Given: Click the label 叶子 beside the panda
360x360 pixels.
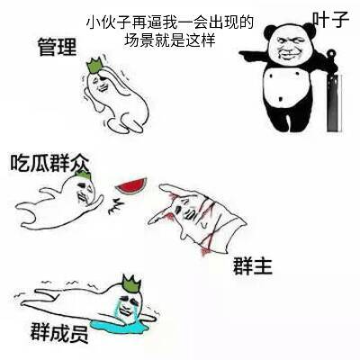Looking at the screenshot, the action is (x=331, y=20).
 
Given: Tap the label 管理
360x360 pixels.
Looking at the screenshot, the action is (x=57, y=47).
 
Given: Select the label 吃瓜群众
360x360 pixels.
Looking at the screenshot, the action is (x=49, y=163).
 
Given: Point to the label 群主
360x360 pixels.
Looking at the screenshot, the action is (x=253, y=265).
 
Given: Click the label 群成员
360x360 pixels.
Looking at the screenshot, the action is (x=59, y=332).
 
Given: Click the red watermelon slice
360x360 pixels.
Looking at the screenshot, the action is (x=131, y=185).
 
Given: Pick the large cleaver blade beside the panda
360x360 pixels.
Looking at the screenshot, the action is (x=333, y=103).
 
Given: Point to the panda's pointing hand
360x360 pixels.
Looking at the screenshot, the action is (x=250, y=55).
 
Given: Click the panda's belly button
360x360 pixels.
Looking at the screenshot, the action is (x=281, y=99).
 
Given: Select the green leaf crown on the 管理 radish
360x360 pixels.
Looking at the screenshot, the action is (x=95, y=66).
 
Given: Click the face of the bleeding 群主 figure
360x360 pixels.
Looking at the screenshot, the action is (x=186, y=210).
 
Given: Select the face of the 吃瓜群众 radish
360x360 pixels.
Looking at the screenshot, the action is (x=83, y=192).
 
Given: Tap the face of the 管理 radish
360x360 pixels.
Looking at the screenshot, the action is (x=102, y=84).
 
